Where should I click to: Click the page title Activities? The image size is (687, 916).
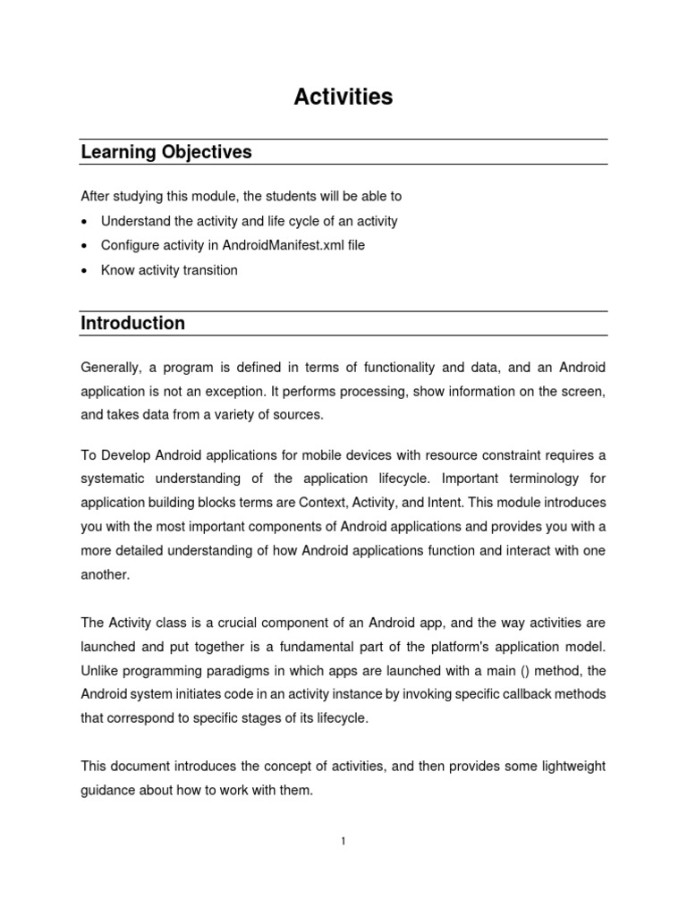343,98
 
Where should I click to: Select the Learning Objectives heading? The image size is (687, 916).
166,152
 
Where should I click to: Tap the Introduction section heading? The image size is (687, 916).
133,323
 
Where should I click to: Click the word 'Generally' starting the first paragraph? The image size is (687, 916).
110,368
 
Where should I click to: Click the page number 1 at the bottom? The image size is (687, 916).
343,841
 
